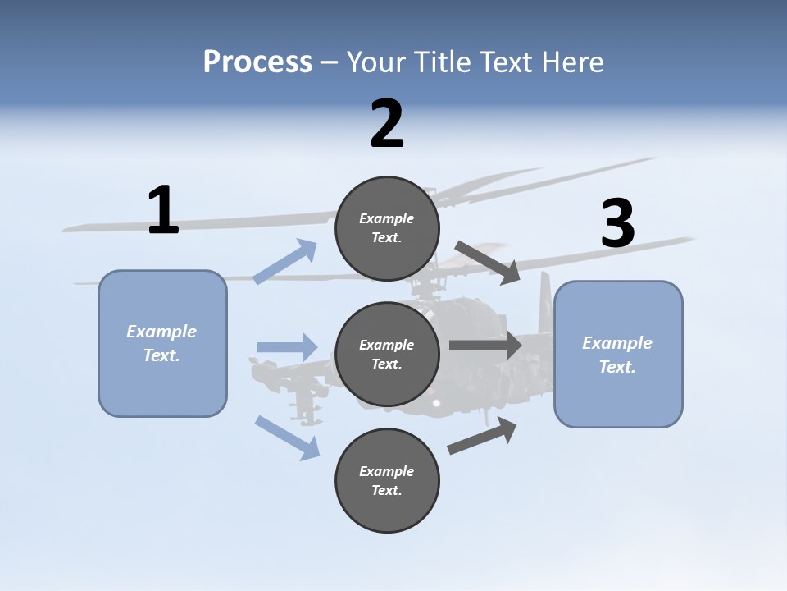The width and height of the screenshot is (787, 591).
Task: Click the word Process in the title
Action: click(257, 62)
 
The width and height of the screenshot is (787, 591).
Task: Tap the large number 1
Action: click(163, 210)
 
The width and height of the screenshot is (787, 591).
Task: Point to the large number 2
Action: click(387, 124)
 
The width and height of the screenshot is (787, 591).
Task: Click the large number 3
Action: click(617, 223)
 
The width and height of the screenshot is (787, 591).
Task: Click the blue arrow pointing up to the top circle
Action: click(285, 262)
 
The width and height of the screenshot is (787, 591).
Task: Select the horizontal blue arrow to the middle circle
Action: click(287, 347)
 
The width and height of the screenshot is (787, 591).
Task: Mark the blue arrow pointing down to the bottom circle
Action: click(287, 438)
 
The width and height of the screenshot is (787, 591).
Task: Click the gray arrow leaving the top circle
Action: click(488, 263)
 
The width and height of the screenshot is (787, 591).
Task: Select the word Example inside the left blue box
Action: click(161, 332)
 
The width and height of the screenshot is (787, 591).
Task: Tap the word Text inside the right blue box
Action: click(616, 367)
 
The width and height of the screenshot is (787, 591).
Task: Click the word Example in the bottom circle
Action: click(386, 471)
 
